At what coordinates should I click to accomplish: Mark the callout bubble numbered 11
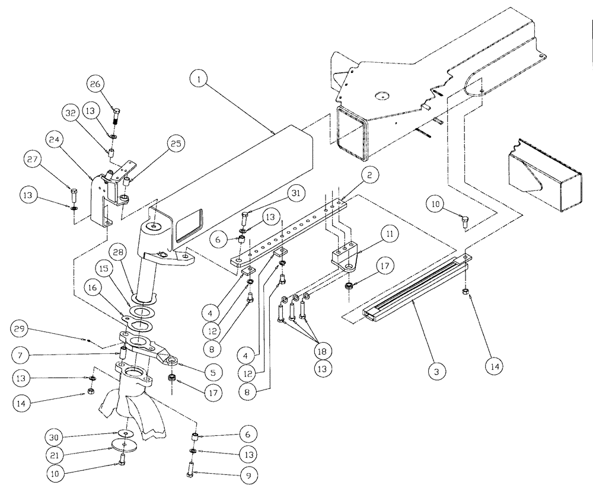[x=389, y=235]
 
